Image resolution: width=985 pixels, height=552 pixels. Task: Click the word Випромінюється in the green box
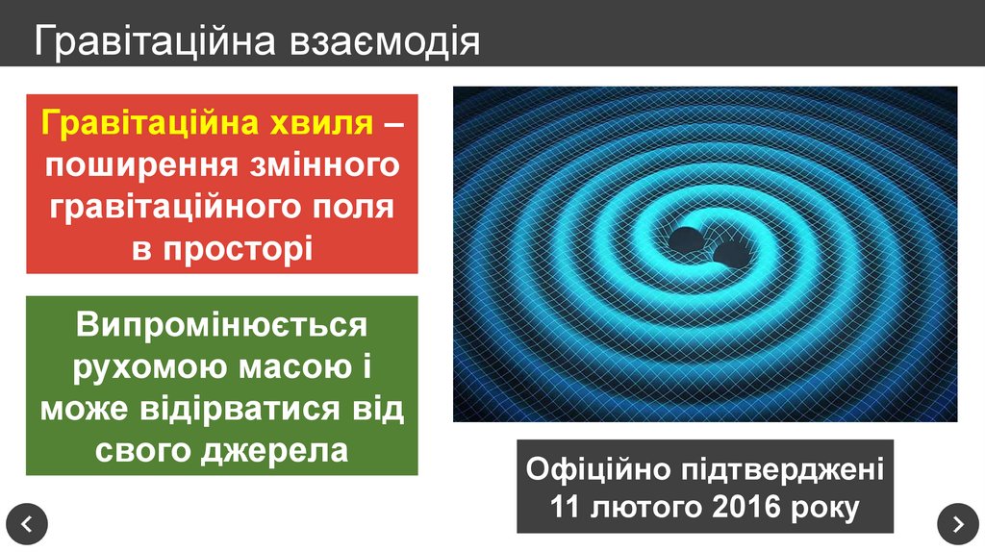tap(222, 325)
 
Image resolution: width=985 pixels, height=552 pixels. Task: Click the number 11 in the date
tap(566, 508)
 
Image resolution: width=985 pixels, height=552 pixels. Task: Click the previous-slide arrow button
tap(27, 524)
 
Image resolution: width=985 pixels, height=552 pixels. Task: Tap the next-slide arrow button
tap(957, 524)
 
